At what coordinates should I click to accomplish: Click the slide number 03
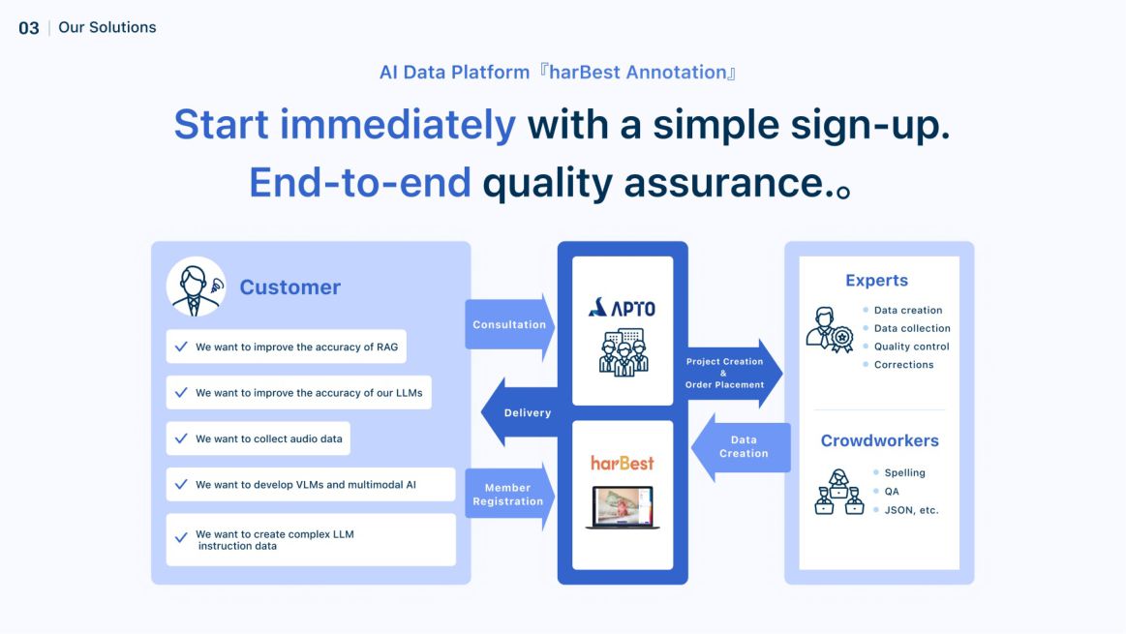click(29, 28)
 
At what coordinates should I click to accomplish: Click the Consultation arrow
click(509, 325)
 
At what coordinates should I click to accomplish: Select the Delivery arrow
click(523, 412)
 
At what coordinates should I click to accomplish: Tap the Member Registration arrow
click(508, 495)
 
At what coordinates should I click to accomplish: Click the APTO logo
click(622, 308)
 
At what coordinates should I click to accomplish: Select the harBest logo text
click(623, 463)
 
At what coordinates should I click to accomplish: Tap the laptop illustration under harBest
click(623, 507)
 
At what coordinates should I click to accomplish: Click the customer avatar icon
click(197, 287)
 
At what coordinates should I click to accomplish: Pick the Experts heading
click(876, 281)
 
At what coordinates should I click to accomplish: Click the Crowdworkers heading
click(879, 440)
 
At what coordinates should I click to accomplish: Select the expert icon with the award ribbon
click(830, 330)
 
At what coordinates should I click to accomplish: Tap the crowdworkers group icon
click(838, 492)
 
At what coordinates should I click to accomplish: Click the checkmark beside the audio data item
click(181, 438)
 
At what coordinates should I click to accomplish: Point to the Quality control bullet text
click(911, 347)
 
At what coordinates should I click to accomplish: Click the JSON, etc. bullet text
click(911, 510)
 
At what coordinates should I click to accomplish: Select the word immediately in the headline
click(397, 125)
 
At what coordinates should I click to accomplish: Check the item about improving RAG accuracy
click(286, 347)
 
